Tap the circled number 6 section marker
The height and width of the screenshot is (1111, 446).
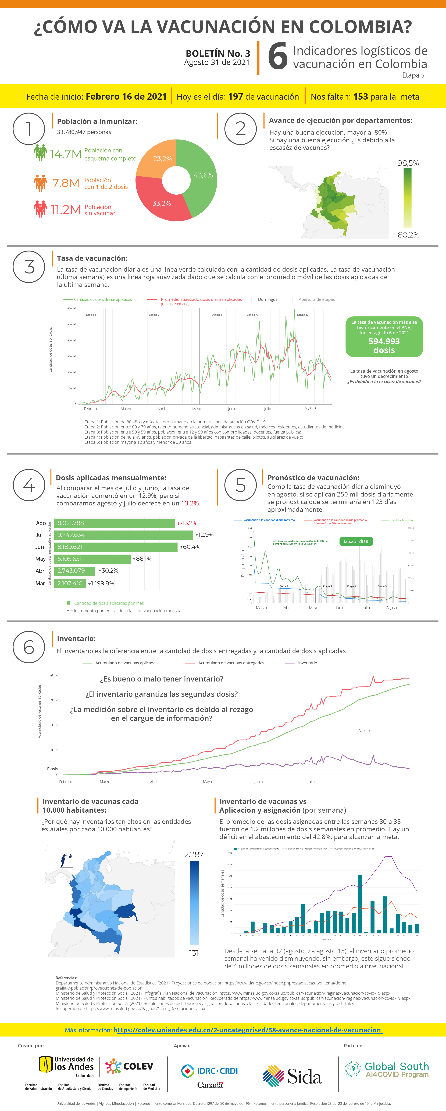coord(29,647)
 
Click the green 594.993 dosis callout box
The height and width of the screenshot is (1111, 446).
coord(384,337)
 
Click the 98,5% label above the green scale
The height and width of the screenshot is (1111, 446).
coord(408,163)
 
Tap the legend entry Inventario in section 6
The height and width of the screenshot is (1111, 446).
coord(307,663)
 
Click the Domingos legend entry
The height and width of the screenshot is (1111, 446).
coord(268,299)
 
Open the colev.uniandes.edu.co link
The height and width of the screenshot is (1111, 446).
coord(248,1030)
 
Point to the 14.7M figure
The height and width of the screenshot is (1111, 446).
coord(66,153)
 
